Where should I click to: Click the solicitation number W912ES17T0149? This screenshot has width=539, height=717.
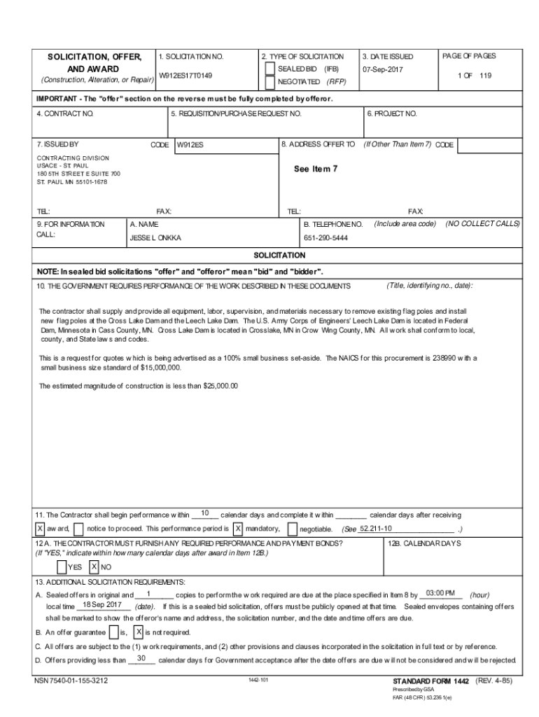(x=185, y=75)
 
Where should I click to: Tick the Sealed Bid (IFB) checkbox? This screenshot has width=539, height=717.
(x=270, y=69)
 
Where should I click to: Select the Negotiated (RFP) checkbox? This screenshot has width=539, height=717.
(x=270, y=82)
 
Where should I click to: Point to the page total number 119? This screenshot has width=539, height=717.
(x=485, y=75)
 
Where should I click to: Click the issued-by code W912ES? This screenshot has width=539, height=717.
(x=190, y=145)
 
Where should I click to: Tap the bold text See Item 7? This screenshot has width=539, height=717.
(x=316, y=169)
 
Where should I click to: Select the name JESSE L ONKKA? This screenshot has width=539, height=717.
(x=155, y=238)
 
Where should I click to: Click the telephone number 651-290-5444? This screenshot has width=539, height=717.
(x=325, y=238)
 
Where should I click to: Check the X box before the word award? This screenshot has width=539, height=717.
(x=41, y=528)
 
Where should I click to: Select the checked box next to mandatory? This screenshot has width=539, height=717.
(x=238, y=528)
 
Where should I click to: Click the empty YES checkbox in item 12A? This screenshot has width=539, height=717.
(x=62, y=566)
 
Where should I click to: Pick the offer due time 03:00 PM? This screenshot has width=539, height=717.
(x=440, y=593)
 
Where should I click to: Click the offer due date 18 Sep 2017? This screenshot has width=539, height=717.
(x=102, y=605)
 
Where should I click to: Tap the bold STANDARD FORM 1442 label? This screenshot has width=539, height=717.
(x=430, y=681)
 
